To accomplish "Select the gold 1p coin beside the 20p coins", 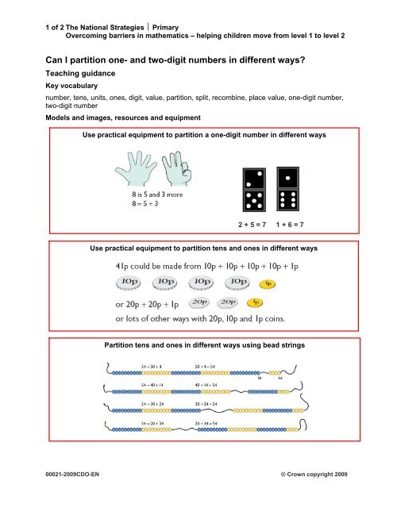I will tap(254, 302).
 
